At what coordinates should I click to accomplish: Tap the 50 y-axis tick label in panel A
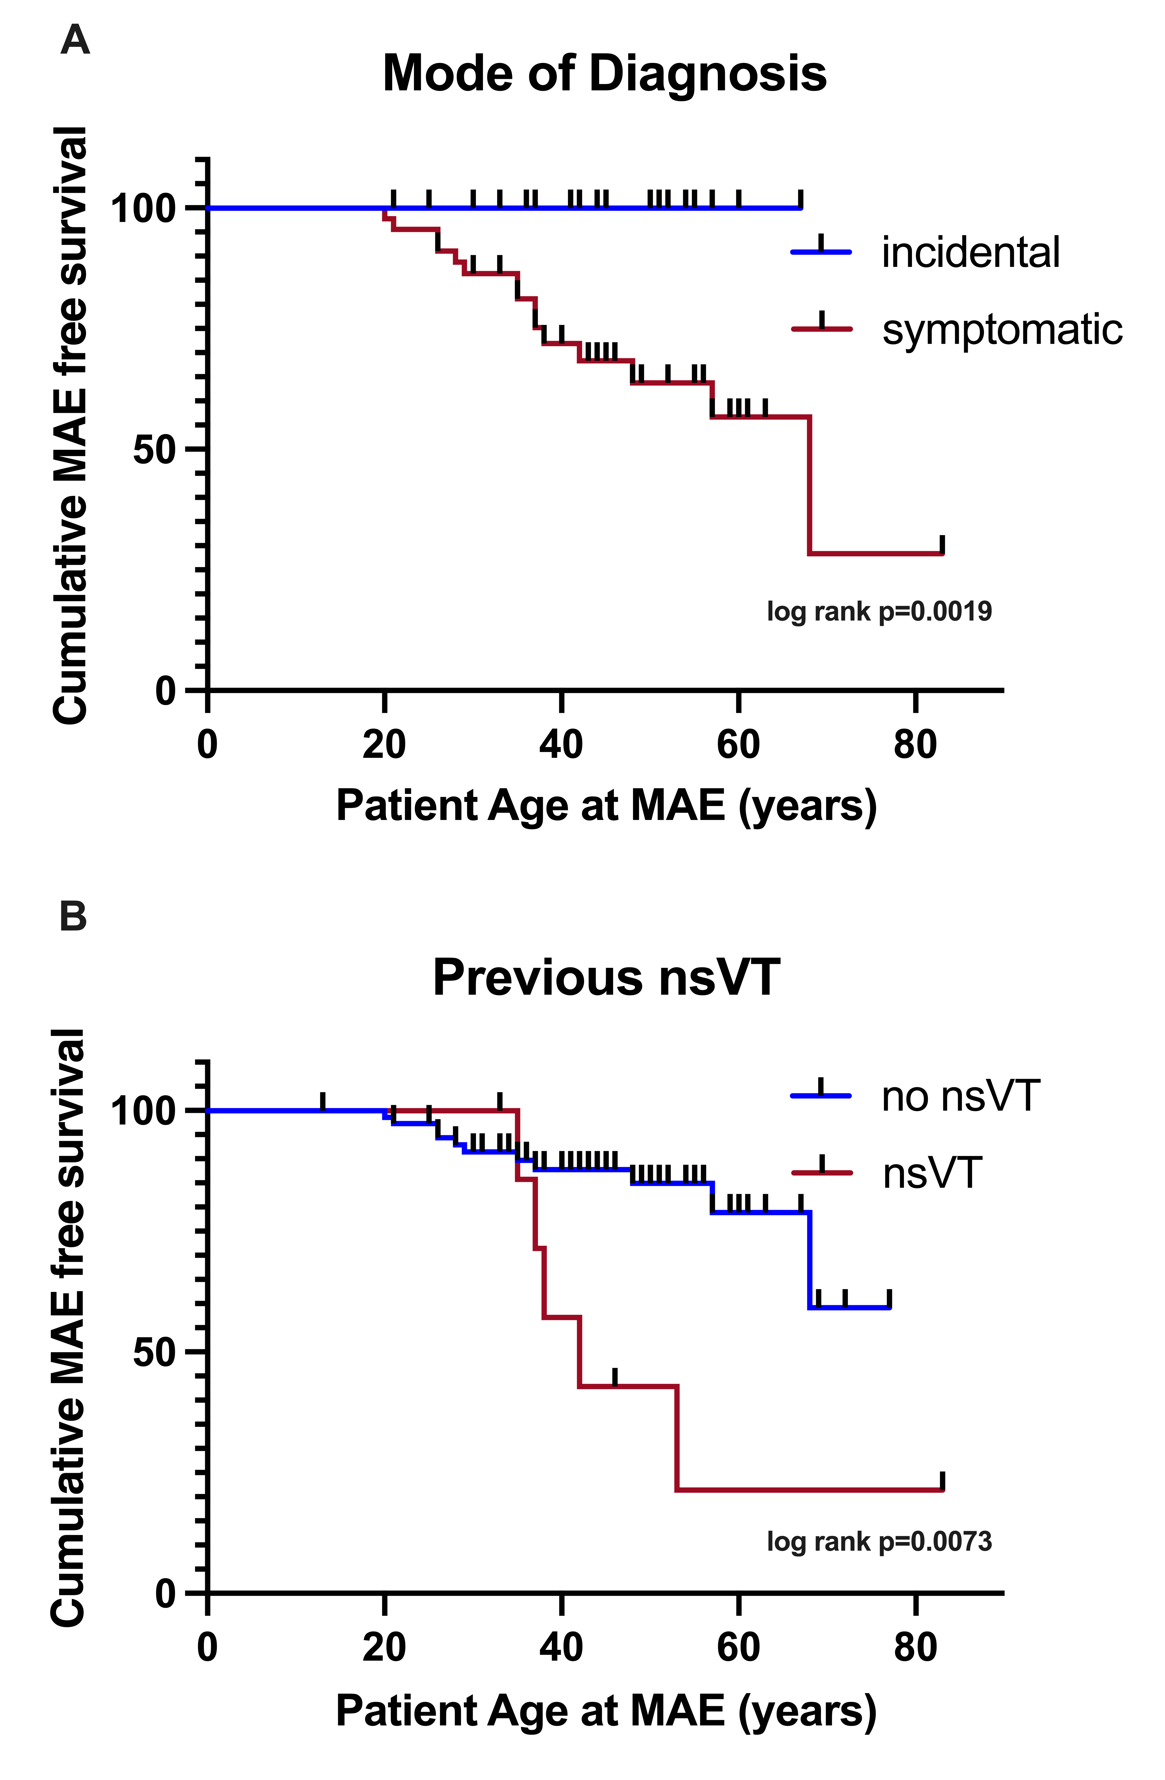tap(155, 449)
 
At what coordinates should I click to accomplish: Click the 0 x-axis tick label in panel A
tap(207, 745)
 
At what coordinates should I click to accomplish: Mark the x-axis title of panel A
tap(606, 806)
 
